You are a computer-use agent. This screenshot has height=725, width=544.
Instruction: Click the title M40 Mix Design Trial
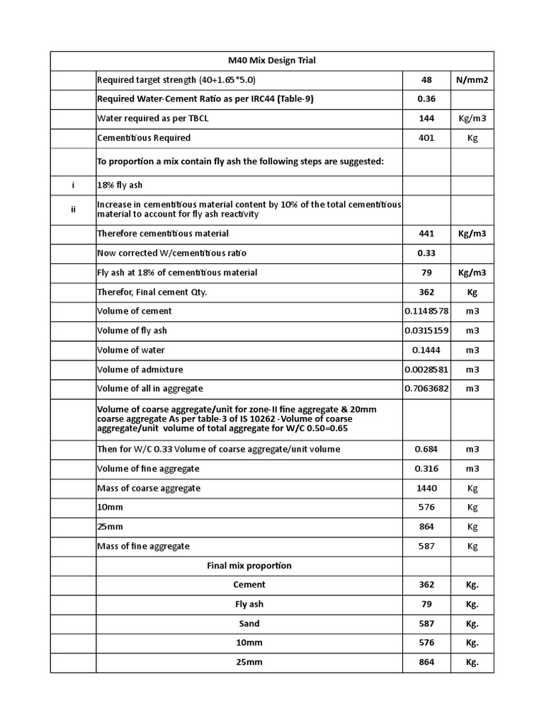(x=271, y=61)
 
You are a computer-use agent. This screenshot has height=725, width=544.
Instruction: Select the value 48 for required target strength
(x=426, y=80)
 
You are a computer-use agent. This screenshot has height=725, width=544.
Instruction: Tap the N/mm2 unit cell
(x=472, y=80)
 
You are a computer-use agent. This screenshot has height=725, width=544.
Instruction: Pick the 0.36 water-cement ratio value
(x=426, y=99)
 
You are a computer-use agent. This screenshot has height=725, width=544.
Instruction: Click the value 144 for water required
(x=426, y=119)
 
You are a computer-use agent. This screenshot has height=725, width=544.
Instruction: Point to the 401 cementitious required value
(x=426, y=138)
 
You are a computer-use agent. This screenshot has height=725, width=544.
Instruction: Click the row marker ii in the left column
(x=73, y=209)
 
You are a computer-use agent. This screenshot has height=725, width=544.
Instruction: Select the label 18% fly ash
(x=120, y=185)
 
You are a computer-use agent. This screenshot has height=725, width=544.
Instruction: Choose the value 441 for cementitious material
(x=426, y=234)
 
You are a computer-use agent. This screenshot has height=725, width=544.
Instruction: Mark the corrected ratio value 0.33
(x=426, y=253)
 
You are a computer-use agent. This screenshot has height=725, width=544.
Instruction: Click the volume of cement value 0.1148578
(x=426, y=311)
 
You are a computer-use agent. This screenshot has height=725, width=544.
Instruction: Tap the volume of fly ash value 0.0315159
(x=426, y=331)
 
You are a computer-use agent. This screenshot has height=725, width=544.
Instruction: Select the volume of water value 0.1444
(x=426, y=350)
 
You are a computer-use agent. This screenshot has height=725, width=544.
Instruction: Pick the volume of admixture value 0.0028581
(x=426, y=370)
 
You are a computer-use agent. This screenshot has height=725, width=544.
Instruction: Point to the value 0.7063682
(x=426, y=389)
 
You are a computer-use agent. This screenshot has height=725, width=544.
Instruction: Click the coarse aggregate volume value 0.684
(x=426, y=449)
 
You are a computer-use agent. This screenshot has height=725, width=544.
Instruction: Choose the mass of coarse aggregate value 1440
(x=426, y=488)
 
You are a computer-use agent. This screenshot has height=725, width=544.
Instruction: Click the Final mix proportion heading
(x=249, y=566)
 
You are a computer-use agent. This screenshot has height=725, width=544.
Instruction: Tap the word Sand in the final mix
(x=249, y=624)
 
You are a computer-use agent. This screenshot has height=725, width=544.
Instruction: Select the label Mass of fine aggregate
(x=143, y=546)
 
